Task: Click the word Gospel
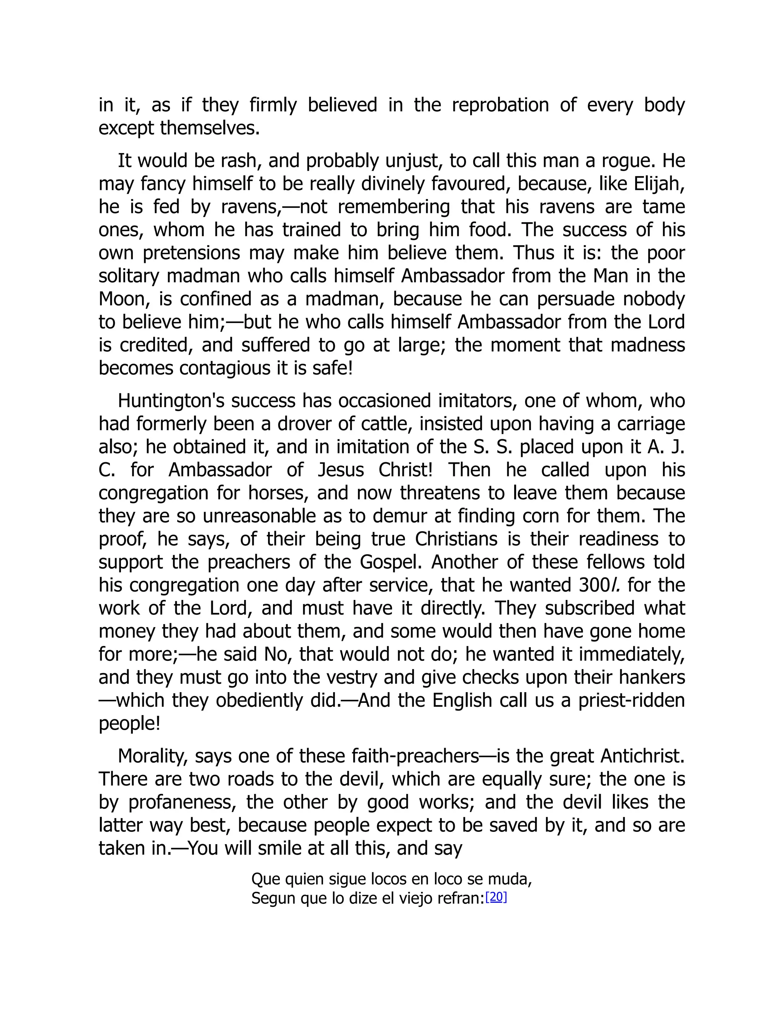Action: click(x=389, y=562)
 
